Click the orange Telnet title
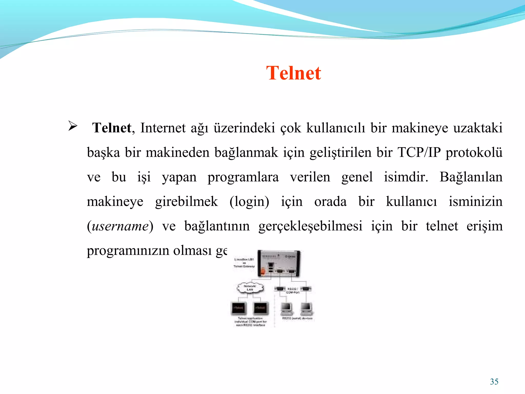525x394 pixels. (x=294, y=73)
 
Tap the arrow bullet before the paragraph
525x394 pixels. (x=73, y=126)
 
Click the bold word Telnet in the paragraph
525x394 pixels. (x=112, y=128)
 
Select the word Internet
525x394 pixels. (x=163, y=128)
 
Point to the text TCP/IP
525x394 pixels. (x=419, y=152)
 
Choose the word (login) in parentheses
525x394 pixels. (x=249, y=202)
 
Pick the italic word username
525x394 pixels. (x=120, y=226)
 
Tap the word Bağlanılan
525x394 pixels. (x=471, y=177)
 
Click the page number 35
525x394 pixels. (x=494, y=382)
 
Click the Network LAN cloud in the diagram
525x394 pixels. (x=250, y=288)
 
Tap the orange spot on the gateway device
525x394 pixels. (x=262, y=271)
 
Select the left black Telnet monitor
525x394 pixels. (x=239, y=308)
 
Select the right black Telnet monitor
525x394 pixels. (x=261, y=308)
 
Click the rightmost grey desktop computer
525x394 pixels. (x=306, y=308)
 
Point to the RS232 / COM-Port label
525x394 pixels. (x=292, y=290)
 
